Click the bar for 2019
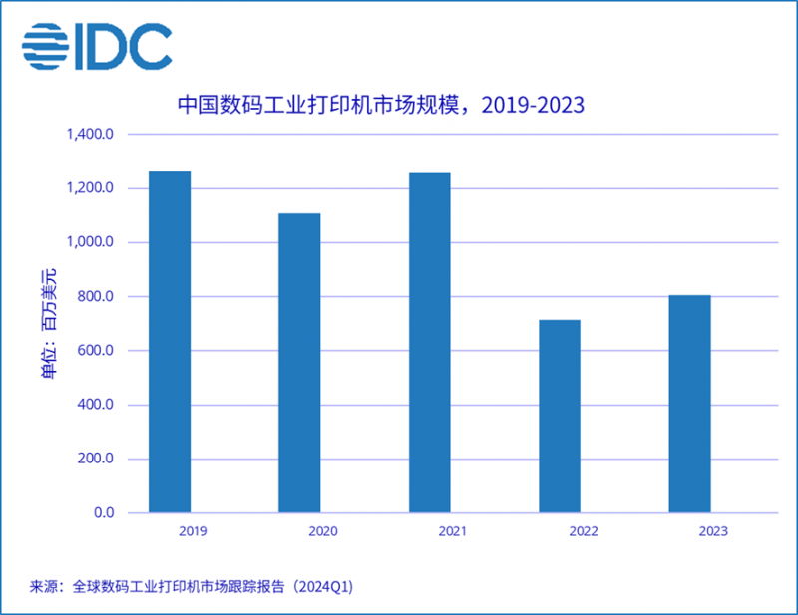170,342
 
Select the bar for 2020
299,363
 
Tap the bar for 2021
429,343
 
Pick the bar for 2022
560,416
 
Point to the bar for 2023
689,404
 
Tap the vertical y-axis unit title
49,324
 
